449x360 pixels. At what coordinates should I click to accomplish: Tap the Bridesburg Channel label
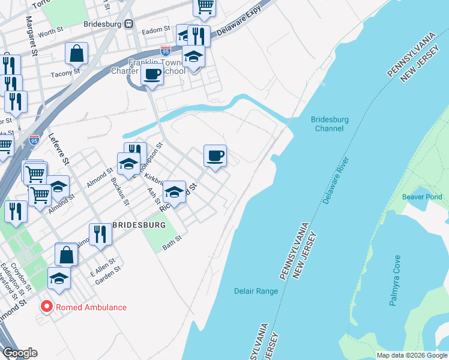tap(330, 124)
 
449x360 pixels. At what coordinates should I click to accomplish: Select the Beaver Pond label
tap(422, 197)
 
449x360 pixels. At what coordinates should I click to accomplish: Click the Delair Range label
tap(256, 292)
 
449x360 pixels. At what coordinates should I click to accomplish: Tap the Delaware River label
tap(336, 179)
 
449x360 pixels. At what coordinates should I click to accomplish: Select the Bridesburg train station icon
tap(128, 24)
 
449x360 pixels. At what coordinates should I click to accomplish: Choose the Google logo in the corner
tap(20, 352)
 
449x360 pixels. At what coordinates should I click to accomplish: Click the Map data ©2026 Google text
tap(411, 355)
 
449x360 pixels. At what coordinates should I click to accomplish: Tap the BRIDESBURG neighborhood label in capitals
tap(139, 224)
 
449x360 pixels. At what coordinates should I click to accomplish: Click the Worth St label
tap(50, 32)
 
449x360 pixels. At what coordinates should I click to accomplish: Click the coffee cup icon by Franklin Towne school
tap(152, 76)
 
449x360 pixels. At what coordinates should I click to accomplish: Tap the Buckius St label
tap(121, 191)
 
